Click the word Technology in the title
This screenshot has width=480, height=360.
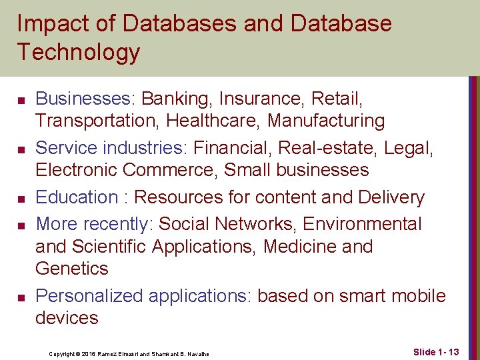point(79,52)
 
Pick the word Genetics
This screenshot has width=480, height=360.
point(72,269)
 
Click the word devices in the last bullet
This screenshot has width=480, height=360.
point(67,317)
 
